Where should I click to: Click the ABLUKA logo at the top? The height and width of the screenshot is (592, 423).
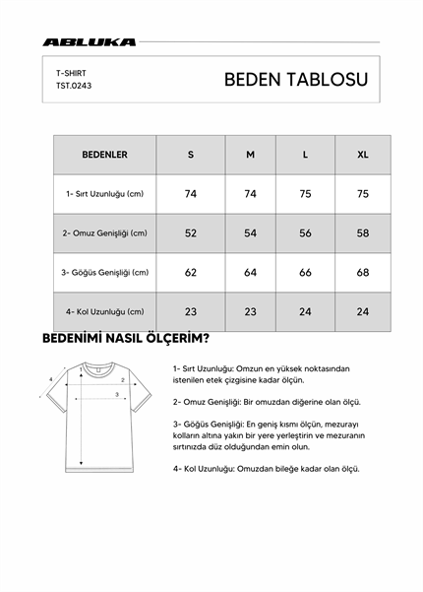[90, 42]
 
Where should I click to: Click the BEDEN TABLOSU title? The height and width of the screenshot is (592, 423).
[295, 80]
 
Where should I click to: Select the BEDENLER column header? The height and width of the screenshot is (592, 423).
[103, 155]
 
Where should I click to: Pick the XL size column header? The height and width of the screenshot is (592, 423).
[363, 155]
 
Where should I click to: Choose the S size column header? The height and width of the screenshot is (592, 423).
[191, 155]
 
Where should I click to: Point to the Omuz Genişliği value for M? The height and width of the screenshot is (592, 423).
[250, 232]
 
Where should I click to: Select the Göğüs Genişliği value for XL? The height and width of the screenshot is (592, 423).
[363, 272]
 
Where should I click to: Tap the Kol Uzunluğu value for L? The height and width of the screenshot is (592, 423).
[305, 311]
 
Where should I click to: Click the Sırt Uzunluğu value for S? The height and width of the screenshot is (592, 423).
[191, 194]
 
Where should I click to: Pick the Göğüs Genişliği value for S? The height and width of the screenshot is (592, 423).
[191, 272]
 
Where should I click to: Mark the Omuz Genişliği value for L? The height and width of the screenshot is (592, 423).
[305, 232]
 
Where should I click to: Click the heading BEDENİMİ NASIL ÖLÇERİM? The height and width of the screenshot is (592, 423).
[125, 340]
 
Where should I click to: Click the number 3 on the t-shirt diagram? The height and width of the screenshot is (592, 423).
[117, 394]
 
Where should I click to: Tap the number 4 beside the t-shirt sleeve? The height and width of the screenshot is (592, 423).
[50, 377]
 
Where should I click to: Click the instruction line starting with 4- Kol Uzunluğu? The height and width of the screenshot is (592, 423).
[266, 469]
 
